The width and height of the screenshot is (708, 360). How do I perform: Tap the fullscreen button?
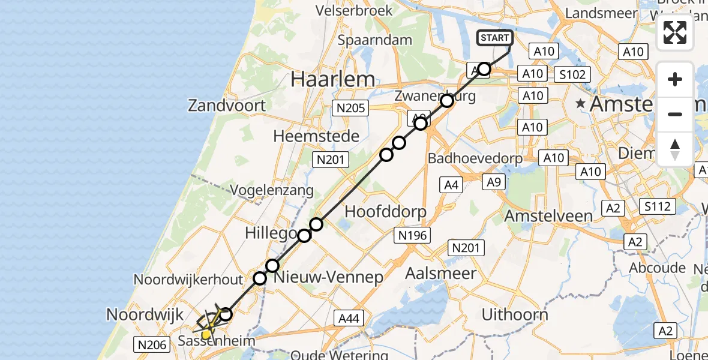[x=675, y=32]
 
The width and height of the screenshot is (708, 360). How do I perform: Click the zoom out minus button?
[x=675, y=114]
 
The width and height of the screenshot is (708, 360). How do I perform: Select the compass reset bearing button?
[x=675, y=149]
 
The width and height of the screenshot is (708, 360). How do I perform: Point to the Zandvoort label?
[x=227, y=106]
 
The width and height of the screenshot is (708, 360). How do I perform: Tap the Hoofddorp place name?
[x=385, y=212]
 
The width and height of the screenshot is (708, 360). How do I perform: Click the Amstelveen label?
[x=549, y=215]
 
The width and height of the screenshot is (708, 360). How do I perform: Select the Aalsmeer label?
[x=441, y=274]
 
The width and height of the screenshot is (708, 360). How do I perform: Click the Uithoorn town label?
[x=515, y=314]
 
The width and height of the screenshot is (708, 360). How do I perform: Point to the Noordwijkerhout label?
[x=188, y=280]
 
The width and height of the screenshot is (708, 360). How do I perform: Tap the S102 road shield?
[x=572, y=74]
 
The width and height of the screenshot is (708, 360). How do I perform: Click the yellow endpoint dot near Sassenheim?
[x=206, y=334]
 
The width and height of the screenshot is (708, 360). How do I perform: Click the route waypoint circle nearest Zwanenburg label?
[x=447, y=101]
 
